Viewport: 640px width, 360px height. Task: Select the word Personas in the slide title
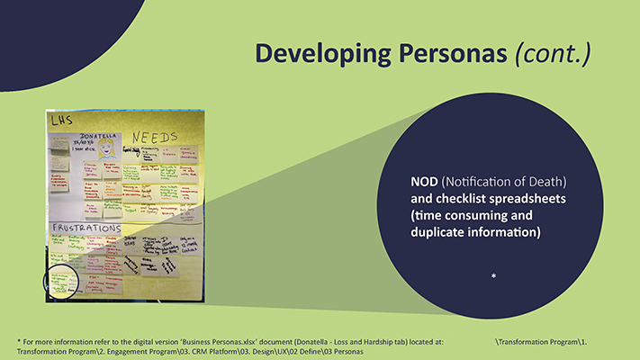[x=450, y=53]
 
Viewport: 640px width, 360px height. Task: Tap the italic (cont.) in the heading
[x=552, y=53]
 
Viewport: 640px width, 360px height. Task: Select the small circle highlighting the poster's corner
[x=63, y=280]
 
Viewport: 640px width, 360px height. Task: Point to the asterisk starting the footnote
[x=19, y=342]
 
